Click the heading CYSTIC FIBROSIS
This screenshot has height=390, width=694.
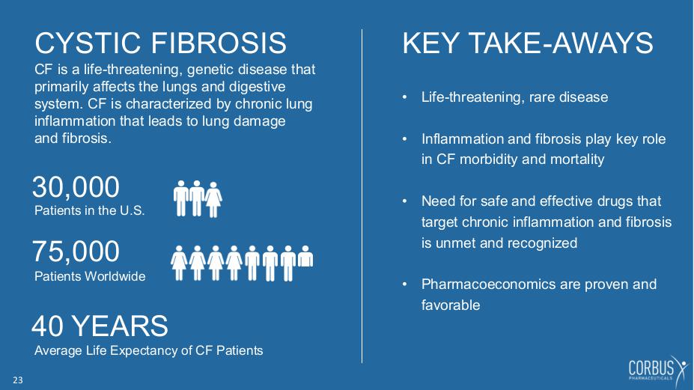[x=161, y=43]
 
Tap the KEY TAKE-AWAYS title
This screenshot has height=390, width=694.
[x=528, y=43]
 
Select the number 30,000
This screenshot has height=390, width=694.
[x=76, y=187]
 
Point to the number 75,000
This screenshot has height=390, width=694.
[x=76, y=252]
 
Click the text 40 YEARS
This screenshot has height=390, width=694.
[x=100, y=326]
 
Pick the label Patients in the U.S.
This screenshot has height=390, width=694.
[x=90, y=210]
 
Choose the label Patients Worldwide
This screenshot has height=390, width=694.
[x=90, y=276]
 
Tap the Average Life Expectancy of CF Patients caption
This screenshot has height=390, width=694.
[x=149, y=350]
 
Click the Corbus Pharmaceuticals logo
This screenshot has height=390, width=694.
[x=658, y=370]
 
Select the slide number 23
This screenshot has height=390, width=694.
[x=18, y=380]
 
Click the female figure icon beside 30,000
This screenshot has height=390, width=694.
[x=213, y=199]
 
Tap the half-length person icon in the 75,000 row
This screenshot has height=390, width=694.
[x=305, y=256]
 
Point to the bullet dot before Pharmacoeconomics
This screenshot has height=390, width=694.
[x=404, y=284]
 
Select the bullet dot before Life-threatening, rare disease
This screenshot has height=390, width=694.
[x=404, y=97]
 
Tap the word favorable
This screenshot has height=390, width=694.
[x=451, y=305]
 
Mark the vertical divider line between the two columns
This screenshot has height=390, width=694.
[x=362, y=196]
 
